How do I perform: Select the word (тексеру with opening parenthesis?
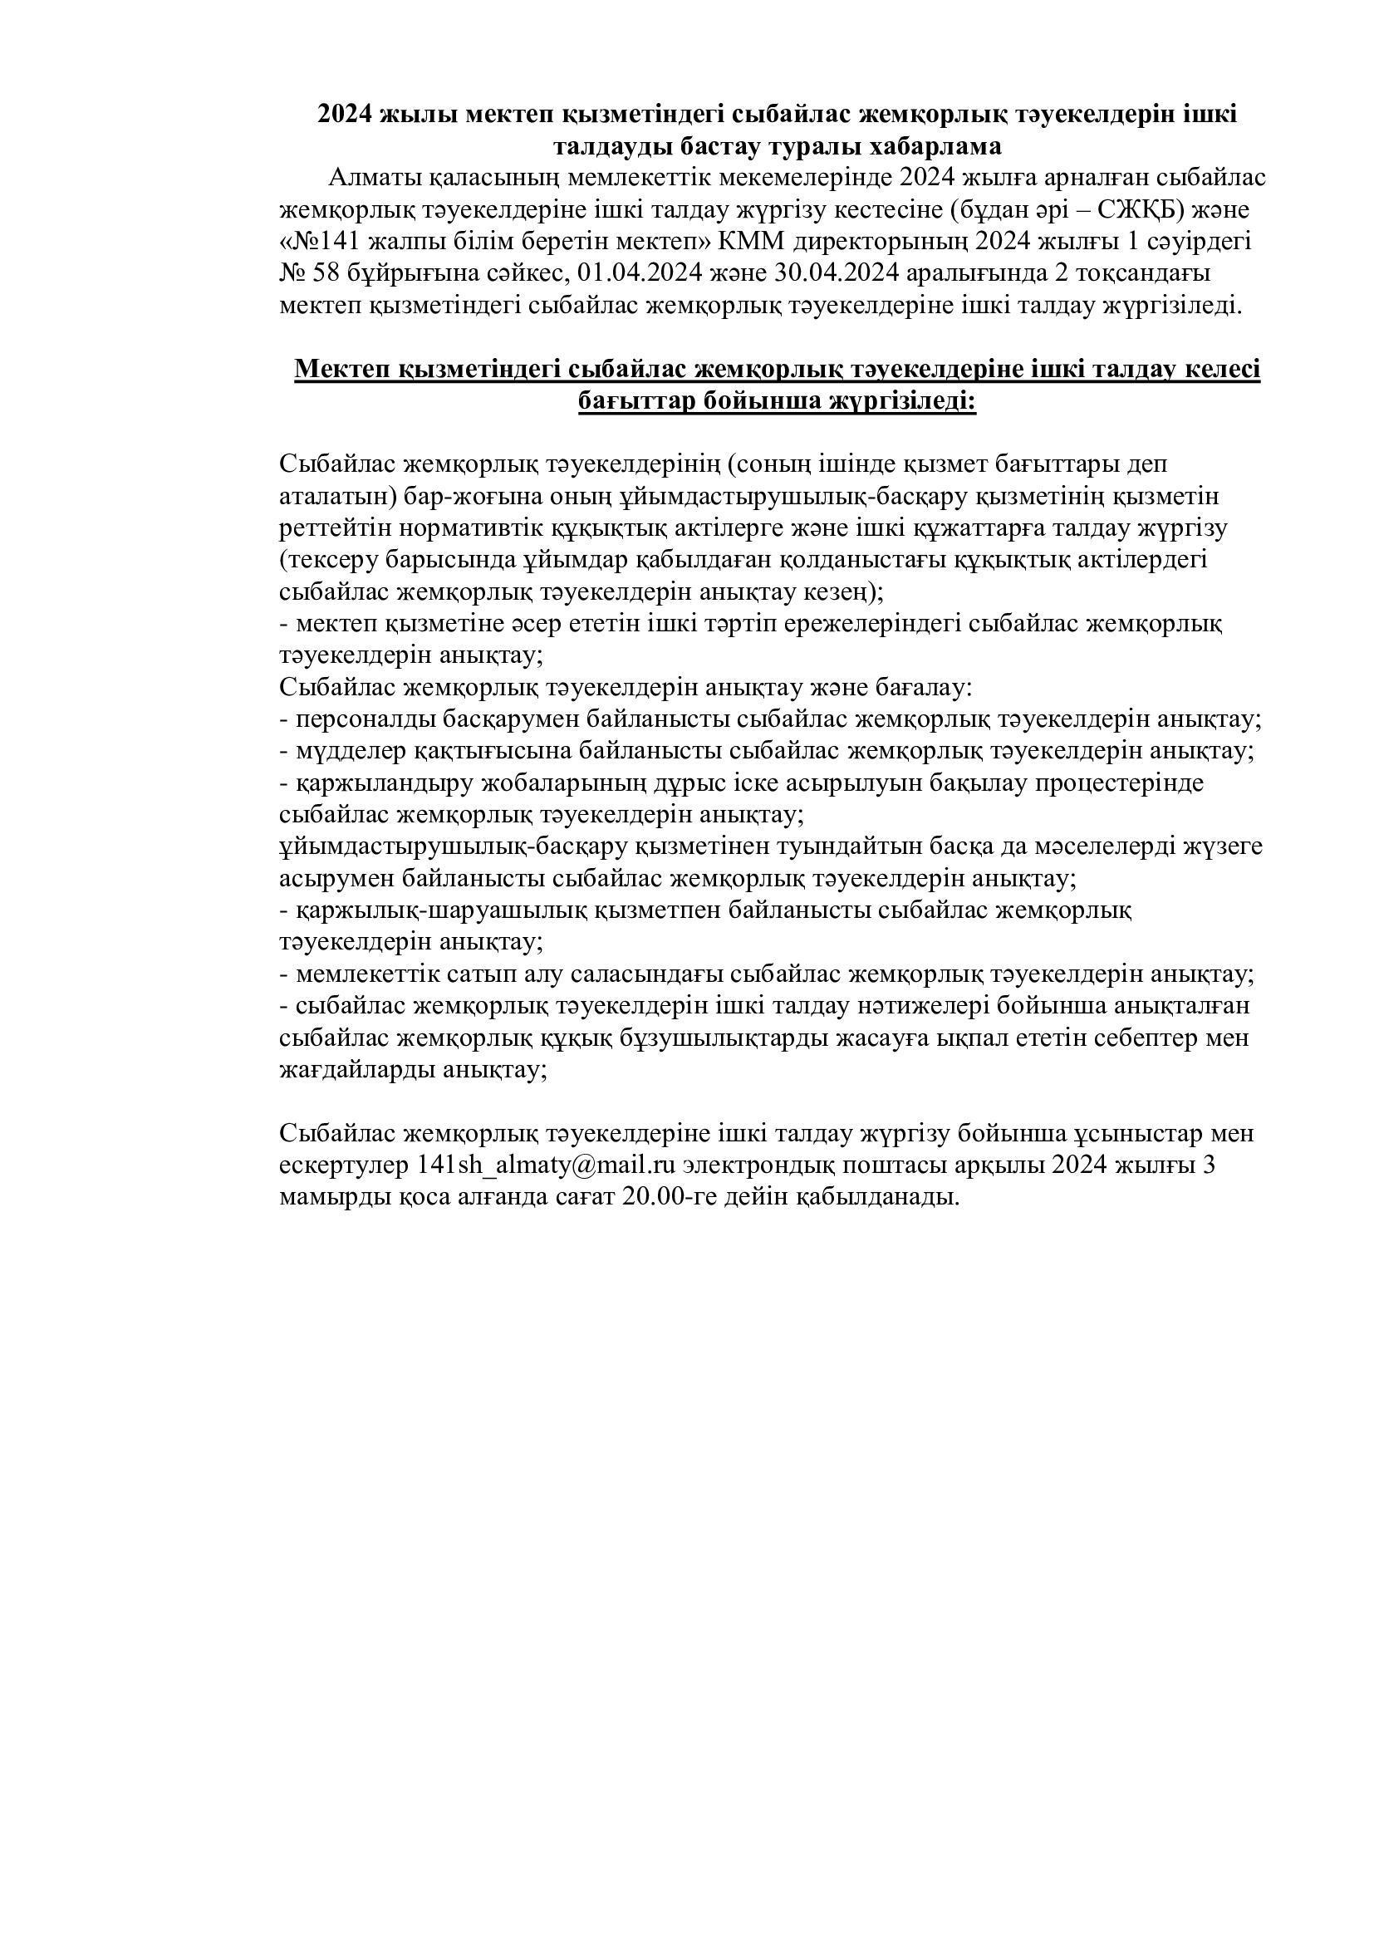pos(331,560)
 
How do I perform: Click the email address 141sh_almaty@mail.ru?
pos(547,1165)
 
